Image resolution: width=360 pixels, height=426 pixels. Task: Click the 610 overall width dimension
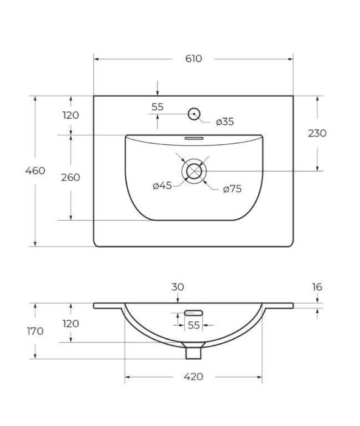pyautogui.click(x=193, y=59)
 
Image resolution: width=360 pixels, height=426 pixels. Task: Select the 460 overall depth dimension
pyautogui.click(x=35, y=171)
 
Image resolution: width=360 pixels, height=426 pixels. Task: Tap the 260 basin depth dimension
pyautogui.click(x=71, y=178)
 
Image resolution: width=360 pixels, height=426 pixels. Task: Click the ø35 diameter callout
pyautogui.click(x=224, y=122)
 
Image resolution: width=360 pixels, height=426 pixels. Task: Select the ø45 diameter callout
pyautogui.click(x=162, y=186)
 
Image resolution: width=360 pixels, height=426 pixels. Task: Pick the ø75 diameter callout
pyautogui.click(x=232, y=189)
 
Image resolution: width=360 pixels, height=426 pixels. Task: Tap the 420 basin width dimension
pyautogui.click(x=193, y=377)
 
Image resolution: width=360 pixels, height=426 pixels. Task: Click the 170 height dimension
pyautogui.click(x=35, y=331)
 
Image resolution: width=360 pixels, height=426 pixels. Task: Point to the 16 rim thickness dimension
pyautogui.click(x=317, y=287)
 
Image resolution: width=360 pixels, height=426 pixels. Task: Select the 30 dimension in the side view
pyautogui.click(x=178, y=287)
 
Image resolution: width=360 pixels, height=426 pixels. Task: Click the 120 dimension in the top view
pyautogui.click(x=71, y=115)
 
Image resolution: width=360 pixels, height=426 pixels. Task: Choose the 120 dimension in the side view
pyautogui.click(x=71, y=324)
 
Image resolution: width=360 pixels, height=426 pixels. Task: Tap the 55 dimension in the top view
pyautogui.click(x=157, y=106)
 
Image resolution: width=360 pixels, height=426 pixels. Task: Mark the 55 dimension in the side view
pyautogui.click(x=193, y=326)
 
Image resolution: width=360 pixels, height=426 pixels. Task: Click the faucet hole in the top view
pyautogui.click(x=194, y=113)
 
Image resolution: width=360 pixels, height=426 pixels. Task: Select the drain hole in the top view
pyautogui.click(x=194, y=171)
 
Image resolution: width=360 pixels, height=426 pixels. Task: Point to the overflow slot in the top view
pyautogui.click(x=194, y=138)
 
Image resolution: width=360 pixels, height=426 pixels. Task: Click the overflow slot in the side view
pyautogui.click(x=193, y=313)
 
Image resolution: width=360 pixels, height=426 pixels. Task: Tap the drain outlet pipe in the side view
pyautogui.click(x=193, y=351)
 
